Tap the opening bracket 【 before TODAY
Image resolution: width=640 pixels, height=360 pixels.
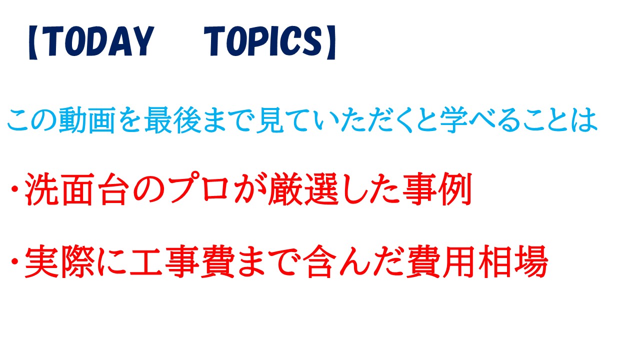pyautogui.click(x=33, y=42)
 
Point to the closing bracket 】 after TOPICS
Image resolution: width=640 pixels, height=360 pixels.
pyautogui.click(x=331, y=42)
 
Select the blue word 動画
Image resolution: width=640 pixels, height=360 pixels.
pyautogui.click(x=87, y=120)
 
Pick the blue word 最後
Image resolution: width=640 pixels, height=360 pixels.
pyautogui.click(x=172, y=120)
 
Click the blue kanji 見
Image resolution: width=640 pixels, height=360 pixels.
pyautogui.click(x=270, y=120)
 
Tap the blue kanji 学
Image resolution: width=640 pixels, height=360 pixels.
pyautogui.click(x=454, y=120)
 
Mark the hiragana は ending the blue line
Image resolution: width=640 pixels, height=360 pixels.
pyautogui.click(x=585, y=120)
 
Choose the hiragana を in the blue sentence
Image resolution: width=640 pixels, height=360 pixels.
pyautogui.click(x=130, y=120)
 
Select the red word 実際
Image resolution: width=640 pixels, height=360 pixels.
pyautogui.click(x=59, y=261)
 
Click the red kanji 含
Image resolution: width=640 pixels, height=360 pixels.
pyautogui.click(x=319, y=261)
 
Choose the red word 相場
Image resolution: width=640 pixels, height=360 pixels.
pyautogui.click(x=513, y=261)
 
